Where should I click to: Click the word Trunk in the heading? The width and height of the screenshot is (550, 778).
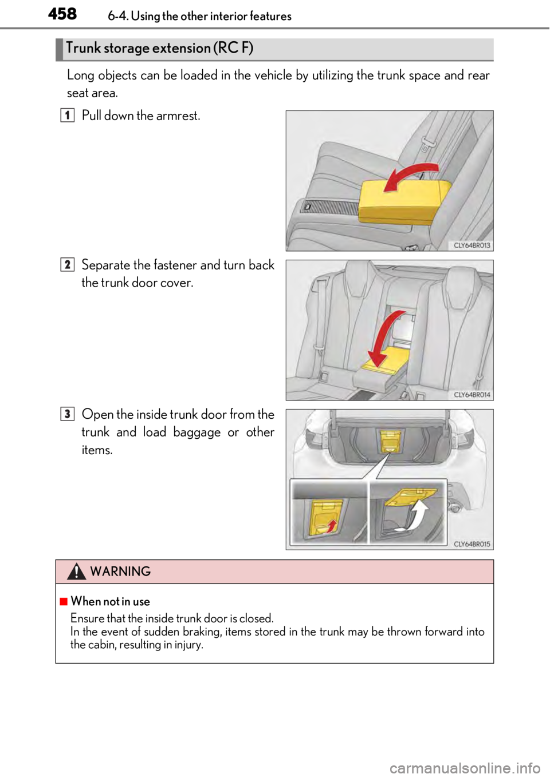pos(84,48)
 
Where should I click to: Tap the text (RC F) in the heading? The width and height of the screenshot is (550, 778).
pos(233,48)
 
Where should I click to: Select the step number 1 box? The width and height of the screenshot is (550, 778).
pos(67,116)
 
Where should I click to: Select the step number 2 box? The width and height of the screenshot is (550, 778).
pos(67,264)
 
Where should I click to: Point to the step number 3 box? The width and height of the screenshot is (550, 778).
pos(67,414)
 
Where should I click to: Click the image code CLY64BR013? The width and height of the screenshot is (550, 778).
pos(472,245)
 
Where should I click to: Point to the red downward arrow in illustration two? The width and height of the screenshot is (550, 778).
pos(382,338)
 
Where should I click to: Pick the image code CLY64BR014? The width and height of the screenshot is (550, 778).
pos(472,395)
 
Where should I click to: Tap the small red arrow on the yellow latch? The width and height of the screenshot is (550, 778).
pos(331,525)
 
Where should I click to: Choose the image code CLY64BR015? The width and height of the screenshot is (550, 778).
pos(472,544)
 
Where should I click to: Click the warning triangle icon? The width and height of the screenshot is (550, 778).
pos(76,571)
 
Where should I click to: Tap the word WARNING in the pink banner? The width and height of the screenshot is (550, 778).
pos(120,571)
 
